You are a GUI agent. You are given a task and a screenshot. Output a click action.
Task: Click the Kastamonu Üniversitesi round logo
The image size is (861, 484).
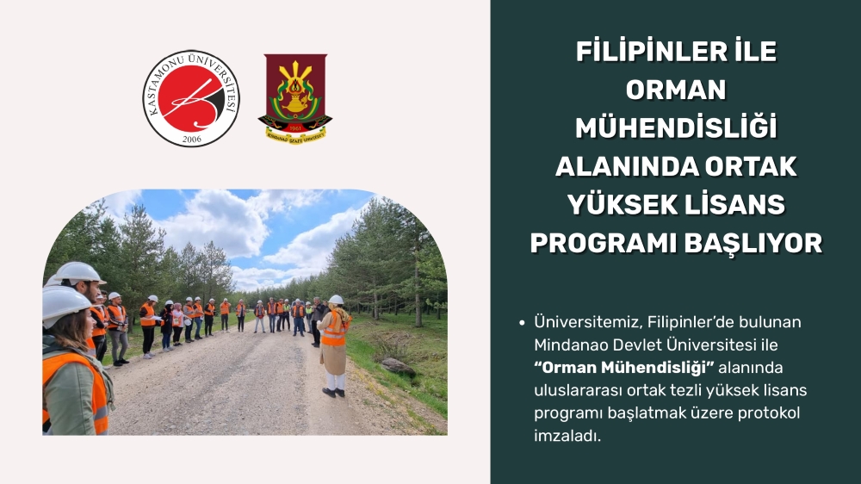point(192,98)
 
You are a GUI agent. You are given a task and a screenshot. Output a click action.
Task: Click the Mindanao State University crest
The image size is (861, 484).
point(295,99)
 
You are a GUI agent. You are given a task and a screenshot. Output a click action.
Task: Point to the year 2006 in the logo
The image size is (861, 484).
point(192,139)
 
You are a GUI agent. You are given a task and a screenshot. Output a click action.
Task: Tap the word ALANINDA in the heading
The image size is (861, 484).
point(625,166)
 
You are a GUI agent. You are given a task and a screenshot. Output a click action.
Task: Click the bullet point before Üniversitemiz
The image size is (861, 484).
point(522,323)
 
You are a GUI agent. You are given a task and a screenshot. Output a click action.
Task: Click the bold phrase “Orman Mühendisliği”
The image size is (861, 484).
point(623,368)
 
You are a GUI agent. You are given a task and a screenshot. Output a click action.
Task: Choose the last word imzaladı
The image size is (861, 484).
point(567,437)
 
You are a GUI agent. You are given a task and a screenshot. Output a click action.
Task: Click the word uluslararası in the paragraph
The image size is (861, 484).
point(579,391)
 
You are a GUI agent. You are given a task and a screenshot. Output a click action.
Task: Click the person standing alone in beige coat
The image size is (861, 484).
point(334,346)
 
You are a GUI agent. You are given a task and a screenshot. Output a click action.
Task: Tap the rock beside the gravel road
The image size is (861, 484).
point(399,366)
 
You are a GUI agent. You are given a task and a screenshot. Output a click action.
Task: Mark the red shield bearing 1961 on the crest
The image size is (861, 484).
point(295,127)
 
